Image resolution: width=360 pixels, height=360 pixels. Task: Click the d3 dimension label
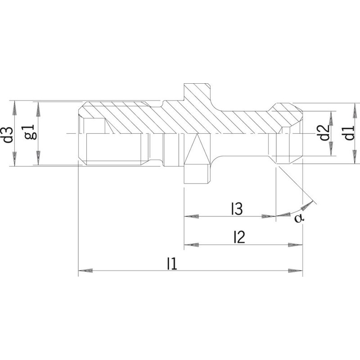(9, 135)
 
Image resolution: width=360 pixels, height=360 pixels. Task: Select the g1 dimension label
(31, 132)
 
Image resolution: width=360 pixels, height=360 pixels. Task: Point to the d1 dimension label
(349, 133)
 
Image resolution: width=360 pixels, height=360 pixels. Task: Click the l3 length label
(237, 208)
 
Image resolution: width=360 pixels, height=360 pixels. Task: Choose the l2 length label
(239, 237)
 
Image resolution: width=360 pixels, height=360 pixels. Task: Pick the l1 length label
(172, 263)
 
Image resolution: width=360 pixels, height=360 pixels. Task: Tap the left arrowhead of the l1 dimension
(85, 270)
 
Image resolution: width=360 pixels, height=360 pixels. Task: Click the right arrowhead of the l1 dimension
(296, 270)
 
